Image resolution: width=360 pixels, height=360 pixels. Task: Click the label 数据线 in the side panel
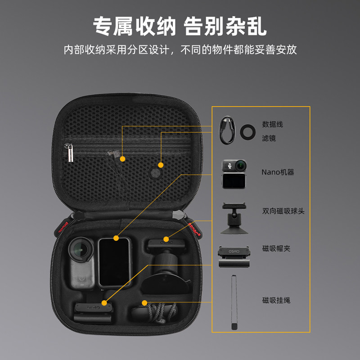coord(273,125)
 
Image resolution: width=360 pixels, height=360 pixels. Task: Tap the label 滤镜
coord(269,138)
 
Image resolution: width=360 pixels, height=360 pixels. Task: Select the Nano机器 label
coord(278,172)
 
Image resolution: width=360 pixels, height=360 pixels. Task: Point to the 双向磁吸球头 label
coord(283,211)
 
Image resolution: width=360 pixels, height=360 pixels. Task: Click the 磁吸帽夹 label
coord(276,248)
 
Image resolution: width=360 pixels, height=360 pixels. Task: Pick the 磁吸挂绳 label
coord(276,300)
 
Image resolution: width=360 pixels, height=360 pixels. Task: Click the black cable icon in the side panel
coord(227,130)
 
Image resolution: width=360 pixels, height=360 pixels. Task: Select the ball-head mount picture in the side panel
coord(233,218)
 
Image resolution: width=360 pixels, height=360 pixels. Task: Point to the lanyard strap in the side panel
coord(234,301)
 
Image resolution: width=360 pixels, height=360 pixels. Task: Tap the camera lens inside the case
coord(80,247)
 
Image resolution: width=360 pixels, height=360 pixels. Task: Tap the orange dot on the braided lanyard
coord(144,302)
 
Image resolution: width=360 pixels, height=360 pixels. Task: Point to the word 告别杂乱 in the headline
coord(225,26)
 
